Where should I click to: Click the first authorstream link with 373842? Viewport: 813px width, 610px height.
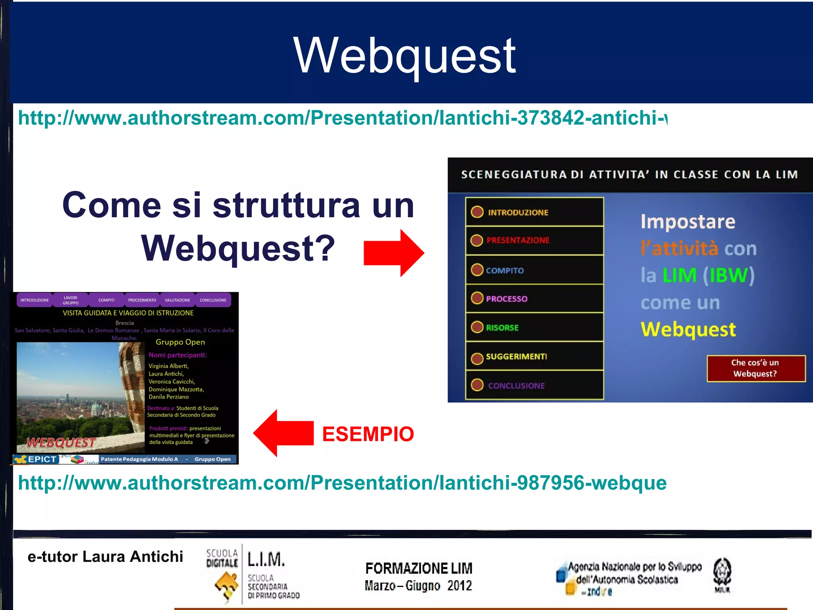coord(342,118)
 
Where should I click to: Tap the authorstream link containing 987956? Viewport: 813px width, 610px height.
coord(342,483)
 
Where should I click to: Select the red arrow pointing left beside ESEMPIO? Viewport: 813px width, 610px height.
coord(283,433)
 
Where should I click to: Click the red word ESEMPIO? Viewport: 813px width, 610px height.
coord(368,434)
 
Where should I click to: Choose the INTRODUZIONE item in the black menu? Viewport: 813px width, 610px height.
coord(518,212)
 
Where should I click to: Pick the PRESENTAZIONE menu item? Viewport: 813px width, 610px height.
coord(518,240)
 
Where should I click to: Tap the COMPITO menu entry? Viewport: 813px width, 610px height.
coord(505,270)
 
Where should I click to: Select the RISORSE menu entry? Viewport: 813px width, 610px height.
coord(502,328)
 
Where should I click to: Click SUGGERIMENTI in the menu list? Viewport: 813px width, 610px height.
coord(516,357)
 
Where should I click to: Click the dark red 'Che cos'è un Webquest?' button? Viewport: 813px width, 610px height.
coord(755,368)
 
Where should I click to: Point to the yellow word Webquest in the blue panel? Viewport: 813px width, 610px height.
coord(688,329)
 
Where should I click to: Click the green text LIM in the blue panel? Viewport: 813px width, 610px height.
coord(679,275)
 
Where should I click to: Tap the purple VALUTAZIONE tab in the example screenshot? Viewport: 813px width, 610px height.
coord(177,300)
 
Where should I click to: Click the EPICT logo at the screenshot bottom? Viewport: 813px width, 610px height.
coord(37,459)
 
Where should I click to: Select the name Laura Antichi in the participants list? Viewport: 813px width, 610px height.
coord(166,374)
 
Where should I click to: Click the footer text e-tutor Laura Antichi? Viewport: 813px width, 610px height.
coord(105,556)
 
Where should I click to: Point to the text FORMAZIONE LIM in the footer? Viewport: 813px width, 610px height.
coord(418,568)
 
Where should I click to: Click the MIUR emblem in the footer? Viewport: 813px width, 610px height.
coord(722,575)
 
